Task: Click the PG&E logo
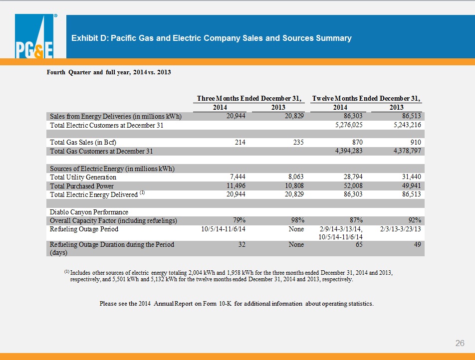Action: [x=34, y=36]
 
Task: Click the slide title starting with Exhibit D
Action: [x=212, y=38]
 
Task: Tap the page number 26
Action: [x=460, y=343]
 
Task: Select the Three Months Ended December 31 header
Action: [x=249, y=98]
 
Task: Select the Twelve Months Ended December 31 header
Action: [x=366, y=98]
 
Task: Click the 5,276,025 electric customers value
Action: [x=349, y=125]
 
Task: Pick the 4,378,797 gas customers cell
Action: [x=407, y=151]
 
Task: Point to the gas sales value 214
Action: [x=240, y=142]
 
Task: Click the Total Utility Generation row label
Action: [x=83, y=177]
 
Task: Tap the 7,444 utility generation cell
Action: [x=236, y=177]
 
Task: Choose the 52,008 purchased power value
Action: [x=353, y=185]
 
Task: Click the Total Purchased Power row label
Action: [x=82, y=186]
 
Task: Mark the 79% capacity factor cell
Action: [x=239, y=220]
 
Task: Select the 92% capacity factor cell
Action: [x=415, y=220]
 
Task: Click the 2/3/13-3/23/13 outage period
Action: [x=401, y=229]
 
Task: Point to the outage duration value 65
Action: [x=359, y=244]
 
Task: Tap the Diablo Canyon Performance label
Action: [x=89, y=212]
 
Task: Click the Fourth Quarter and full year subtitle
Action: [x=109, y=72]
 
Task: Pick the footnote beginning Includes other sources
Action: [x=229, y=276]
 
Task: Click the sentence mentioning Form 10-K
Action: [x=237, y=303]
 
